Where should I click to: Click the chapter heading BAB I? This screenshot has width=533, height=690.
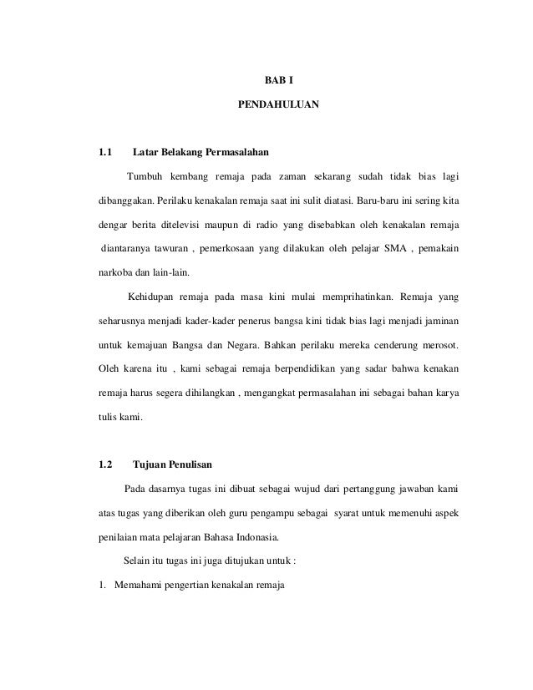click(x=278, y=83)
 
